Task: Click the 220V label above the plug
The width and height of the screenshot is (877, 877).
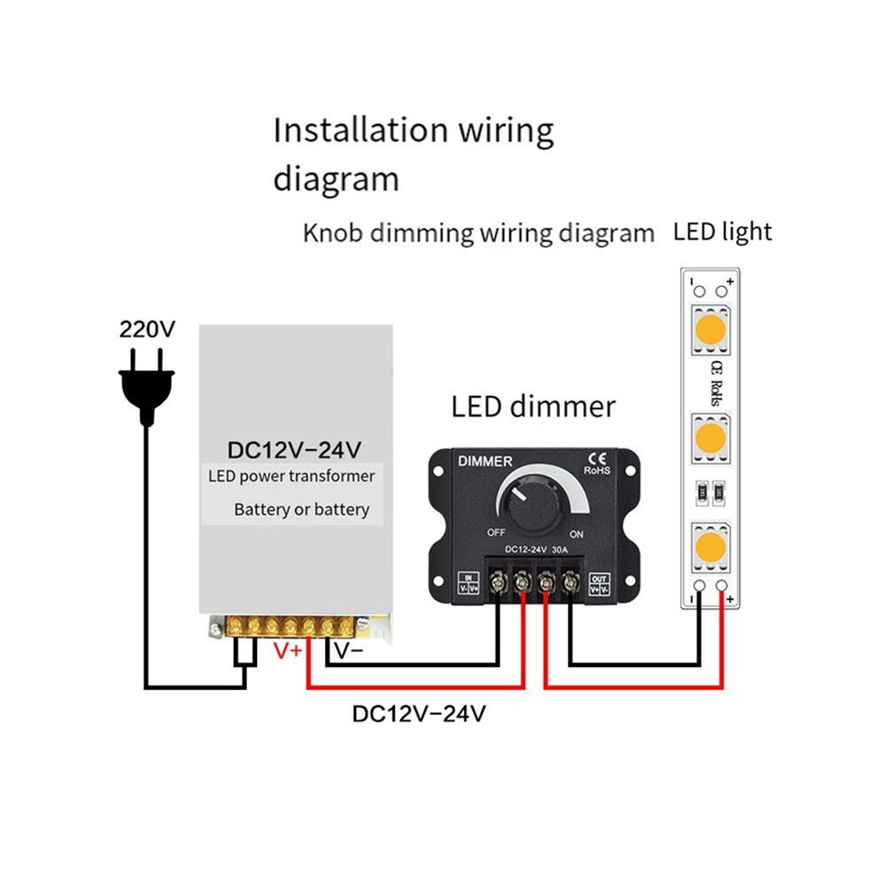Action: [x=147, y=329]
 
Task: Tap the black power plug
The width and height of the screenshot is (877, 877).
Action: [x=146, y=387]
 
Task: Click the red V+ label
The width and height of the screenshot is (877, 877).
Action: [x=288, y=650]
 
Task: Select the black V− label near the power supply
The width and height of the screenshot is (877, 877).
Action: [x=349, y=650]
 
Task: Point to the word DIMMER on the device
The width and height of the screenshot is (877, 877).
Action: [x=485, y=462]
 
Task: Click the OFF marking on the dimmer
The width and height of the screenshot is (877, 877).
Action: [x=496, y=532]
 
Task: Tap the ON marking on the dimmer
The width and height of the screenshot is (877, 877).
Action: [x=577, y=534]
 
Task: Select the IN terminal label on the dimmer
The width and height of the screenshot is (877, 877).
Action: [x=469, y=583]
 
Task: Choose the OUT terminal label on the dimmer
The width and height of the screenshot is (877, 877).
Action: [x=599, y=584]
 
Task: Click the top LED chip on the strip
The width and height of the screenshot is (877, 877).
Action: [x=710, y=330]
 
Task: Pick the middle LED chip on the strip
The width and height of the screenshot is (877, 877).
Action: [x=710, y=438]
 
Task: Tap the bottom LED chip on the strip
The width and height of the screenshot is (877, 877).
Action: [x=710, y=547]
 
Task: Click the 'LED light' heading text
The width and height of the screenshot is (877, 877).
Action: [x=722, y=232]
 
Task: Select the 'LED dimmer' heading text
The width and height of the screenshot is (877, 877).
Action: [x=533, y=407]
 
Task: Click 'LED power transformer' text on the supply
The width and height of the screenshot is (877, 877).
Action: [x=291, y=476]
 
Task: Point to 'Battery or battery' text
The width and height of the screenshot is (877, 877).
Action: [x=302, y=509]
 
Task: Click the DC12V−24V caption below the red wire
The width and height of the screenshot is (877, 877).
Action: [x=419, y=714]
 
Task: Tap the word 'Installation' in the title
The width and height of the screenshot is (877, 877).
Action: [x=361, y=129]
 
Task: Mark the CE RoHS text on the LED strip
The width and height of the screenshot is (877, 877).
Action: [x=716, y=384]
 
